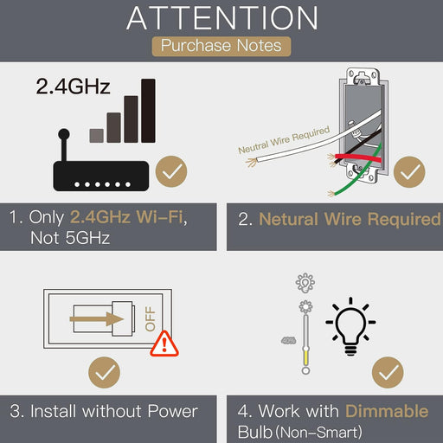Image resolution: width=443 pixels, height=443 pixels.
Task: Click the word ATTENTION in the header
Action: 222,18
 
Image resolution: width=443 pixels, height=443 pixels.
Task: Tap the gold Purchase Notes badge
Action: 221,46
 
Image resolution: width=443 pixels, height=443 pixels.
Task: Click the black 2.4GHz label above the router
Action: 73,87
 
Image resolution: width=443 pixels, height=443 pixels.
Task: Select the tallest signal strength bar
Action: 148,111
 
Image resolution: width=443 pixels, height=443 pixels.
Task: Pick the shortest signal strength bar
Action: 97,136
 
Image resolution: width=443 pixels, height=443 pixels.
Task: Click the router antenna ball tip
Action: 64,134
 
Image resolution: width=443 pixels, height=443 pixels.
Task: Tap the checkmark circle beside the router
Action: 171,171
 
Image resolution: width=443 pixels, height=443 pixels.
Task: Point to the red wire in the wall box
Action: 357,158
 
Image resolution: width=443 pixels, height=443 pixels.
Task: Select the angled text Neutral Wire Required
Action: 284,140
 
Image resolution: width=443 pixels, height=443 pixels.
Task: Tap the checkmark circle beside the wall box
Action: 409,172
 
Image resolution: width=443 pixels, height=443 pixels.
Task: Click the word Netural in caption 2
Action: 289,219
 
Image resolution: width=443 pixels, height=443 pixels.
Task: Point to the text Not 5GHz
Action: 70,238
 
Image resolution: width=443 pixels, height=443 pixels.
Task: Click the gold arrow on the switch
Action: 97,319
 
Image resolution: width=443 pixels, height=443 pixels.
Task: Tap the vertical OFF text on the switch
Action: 151,318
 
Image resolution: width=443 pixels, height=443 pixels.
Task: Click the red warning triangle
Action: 164,344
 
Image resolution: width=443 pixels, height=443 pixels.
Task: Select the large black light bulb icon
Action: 350,326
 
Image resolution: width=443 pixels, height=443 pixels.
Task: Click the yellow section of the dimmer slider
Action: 305,357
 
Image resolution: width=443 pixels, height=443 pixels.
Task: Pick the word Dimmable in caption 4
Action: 387,411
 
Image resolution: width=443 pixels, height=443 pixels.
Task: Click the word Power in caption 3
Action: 172,411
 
